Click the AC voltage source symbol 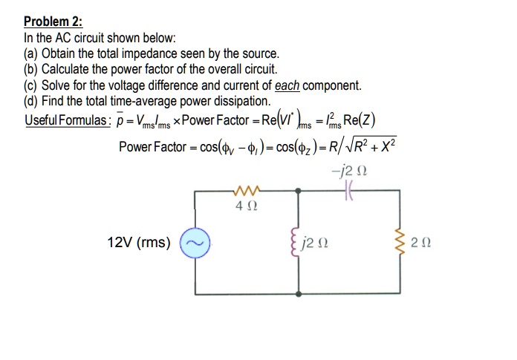(x=196, y=243)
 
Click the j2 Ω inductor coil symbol (x=298, y=243)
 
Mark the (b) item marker (x=32, y=70)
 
